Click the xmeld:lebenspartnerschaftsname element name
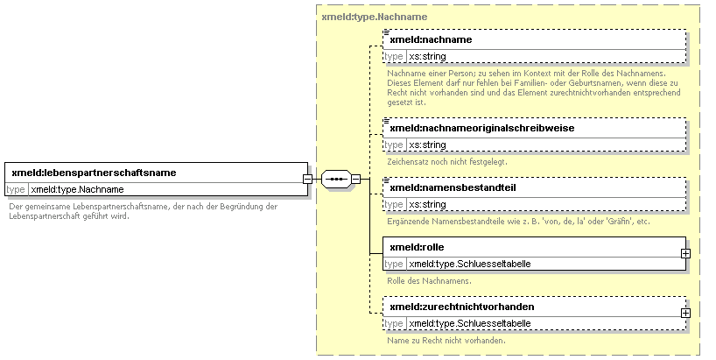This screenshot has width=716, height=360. tap(94, 173)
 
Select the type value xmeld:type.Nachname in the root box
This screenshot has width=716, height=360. tap(77, 189)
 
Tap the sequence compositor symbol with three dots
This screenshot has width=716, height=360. tap(336, 179)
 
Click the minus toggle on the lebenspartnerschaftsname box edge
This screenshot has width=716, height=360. tap(308, 179)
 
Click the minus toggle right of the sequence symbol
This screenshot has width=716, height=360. tap(355, 179)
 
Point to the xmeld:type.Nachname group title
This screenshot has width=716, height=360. tap(375, 17)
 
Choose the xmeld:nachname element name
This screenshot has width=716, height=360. tap(431, 39)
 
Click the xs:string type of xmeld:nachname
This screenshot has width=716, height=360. tap(427, 57)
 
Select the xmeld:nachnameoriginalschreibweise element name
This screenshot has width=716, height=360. tap(481, 129)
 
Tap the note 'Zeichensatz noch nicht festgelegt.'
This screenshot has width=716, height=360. tap(447, 162)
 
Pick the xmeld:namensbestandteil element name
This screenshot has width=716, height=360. tap(453, 187)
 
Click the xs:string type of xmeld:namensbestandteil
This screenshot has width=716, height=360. tap(427, 205)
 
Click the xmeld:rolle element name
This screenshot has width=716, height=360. tap(417, 247)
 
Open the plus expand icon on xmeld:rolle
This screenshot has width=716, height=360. tap(685, 253)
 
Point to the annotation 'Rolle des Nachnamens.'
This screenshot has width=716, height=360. tap(429, 281)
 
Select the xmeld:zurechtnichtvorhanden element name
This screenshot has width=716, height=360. tap(461, 307)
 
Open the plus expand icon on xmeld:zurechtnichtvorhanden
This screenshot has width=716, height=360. tap(685, 314)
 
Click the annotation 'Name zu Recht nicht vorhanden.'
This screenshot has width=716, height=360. tap(446, 341)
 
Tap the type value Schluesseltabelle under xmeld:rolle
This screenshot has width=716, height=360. tap(470, 264)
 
